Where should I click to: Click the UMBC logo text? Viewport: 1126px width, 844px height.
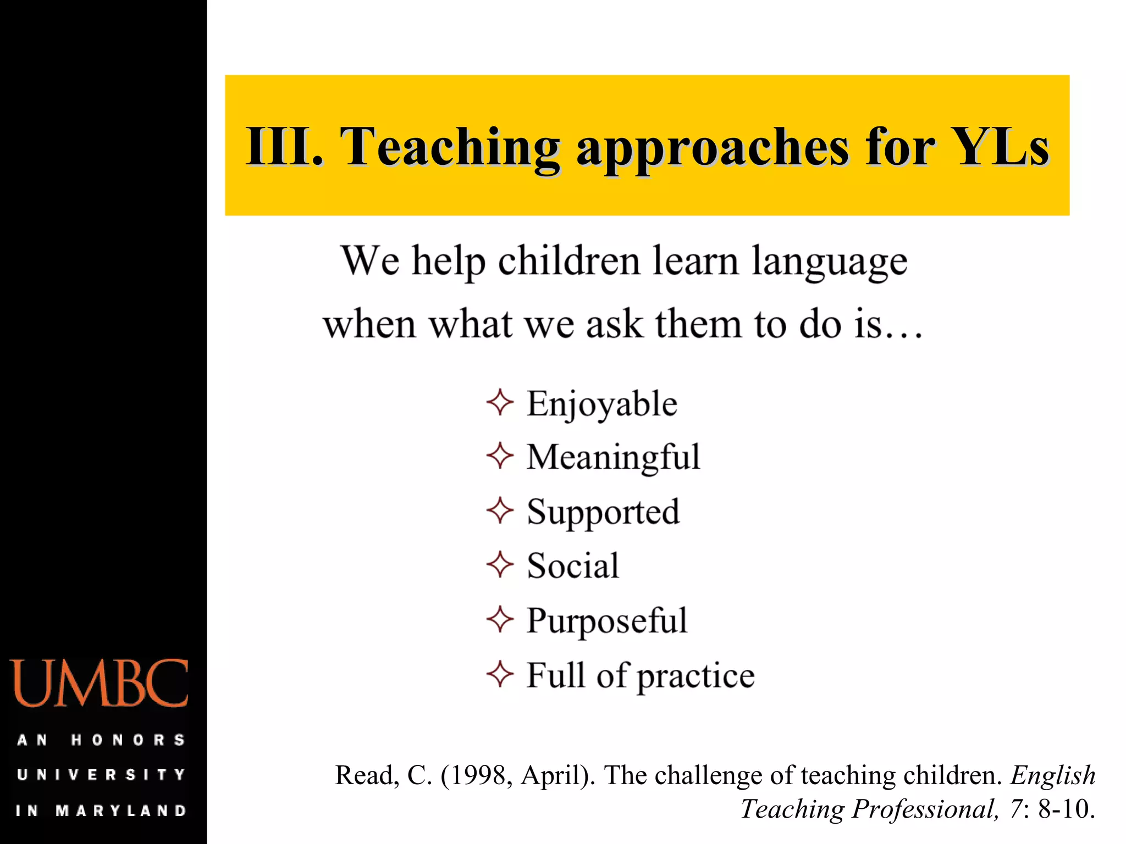click(100, 684)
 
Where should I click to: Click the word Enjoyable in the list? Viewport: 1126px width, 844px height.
click(602, 404)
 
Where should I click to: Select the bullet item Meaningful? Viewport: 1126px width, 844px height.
click(613, 457)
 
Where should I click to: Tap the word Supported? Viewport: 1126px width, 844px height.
click(603, 512)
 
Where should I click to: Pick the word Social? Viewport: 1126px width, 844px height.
click(573, 566)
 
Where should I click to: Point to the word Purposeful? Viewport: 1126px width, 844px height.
click(607, 621)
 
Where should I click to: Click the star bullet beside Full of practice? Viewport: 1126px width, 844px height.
click(500, 674)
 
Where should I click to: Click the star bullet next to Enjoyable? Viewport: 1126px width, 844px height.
click(500, 402)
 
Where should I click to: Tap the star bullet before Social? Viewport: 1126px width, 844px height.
click(500, 565)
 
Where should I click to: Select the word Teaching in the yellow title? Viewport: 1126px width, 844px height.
click(450, 147)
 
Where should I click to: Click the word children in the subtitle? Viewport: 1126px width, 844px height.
click(569, 260)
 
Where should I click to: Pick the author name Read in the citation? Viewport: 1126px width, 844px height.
click(363, 775)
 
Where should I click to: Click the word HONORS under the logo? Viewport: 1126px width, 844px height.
click(128, 740)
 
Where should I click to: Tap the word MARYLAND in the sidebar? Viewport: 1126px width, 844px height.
click(121, 810)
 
